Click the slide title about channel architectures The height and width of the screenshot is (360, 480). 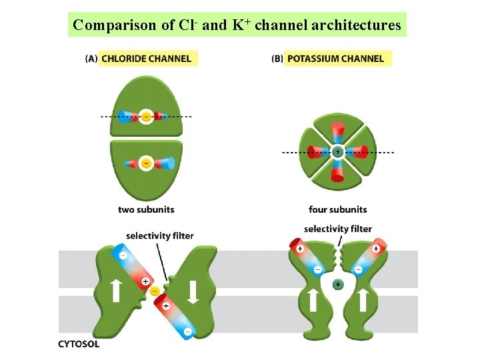[237, 25]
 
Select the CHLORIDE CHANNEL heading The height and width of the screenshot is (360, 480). [147, 59]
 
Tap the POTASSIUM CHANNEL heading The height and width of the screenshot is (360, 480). [335, 59]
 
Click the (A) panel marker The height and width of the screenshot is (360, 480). [91, 59]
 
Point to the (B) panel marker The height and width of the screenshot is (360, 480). [277, 59]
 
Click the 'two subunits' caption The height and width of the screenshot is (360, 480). [146, 209]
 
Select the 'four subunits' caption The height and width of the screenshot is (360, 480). [337, 209]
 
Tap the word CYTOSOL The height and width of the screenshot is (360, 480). [79, 344]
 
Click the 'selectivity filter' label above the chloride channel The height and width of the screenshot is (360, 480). [160, 235]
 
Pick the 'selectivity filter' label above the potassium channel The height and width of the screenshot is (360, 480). [338, 229]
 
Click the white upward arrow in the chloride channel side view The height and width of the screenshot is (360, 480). [115, 290]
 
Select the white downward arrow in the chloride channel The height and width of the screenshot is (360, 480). [193, 291]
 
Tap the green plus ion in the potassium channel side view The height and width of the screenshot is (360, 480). [338, 285]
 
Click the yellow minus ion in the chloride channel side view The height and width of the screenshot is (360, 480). [155, 291]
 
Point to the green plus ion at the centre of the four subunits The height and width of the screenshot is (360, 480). [338, 152]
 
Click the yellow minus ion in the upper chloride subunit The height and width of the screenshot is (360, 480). [147, 116]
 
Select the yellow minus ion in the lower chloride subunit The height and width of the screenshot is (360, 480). [147, 162]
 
